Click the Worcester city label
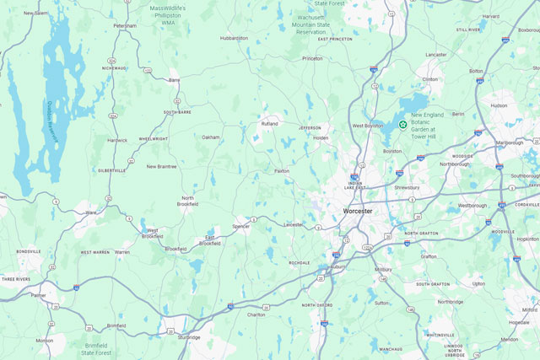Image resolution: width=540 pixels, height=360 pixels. point(364,210)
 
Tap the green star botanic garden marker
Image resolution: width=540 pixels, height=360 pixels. point(403,125)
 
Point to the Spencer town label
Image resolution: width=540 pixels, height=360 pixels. point(241,226)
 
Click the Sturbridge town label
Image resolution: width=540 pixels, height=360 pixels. point(189,336)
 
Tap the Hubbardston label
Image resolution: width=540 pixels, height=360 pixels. point(234,38)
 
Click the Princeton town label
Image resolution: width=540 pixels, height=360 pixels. point(312,58)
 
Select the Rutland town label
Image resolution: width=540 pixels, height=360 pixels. point(269,123)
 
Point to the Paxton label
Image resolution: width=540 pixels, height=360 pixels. point(282,170)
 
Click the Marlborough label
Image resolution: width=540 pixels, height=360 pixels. point(509,142)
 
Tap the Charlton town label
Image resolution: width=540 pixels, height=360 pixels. point(256,314)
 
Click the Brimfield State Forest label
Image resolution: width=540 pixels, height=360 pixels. point(102,348)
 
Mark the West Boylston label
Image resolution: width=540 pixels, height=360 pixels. point(368,126)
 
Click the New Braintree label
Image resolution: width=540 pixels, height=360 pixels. point(162,166)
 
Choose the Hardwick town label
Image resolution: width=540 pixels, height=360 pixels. point(117,140)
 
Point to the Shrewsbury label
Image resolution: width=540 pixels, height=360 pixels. point(406,187)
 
